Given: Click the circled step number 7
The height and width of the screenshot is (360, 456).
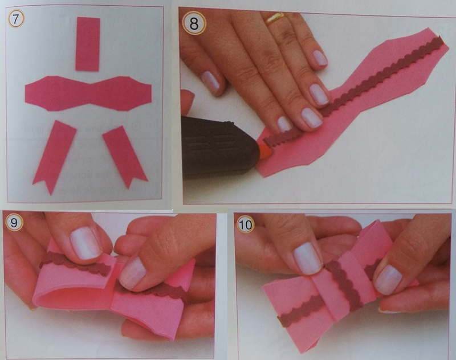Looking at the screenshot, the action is click(16, 19).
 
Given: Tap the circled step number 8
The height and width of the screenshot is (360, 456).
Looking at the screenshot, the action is click(194, 24).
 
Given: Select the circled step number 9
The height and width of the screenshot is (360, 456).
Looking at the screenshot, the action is click(14, 223).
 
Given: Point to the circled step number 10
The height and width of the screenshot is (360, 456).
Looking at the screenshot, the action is click(245, 224).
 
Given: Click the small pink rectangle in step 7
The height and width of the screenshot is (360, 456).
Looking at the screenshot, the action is click(88, 44).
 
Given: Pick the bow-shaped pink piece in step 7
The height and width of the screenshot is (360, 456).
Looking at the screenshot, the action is click(88, 93).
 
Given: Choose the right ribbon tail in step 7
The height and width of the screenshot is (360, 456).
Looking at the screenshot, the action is click(125, 157).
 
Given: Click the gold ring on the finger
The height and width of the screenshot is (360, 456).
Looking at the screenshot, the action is click(275, 18).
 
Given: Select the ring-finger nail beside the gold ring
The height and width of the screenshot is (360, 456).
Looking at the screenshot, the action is click(320, 58).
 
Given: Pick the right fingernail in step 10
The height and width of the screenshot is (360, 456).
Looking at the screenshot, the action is click(389, 280).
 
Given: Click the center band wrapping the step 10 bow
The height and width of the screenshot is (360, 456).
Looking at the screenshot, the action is click(346, 285).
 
